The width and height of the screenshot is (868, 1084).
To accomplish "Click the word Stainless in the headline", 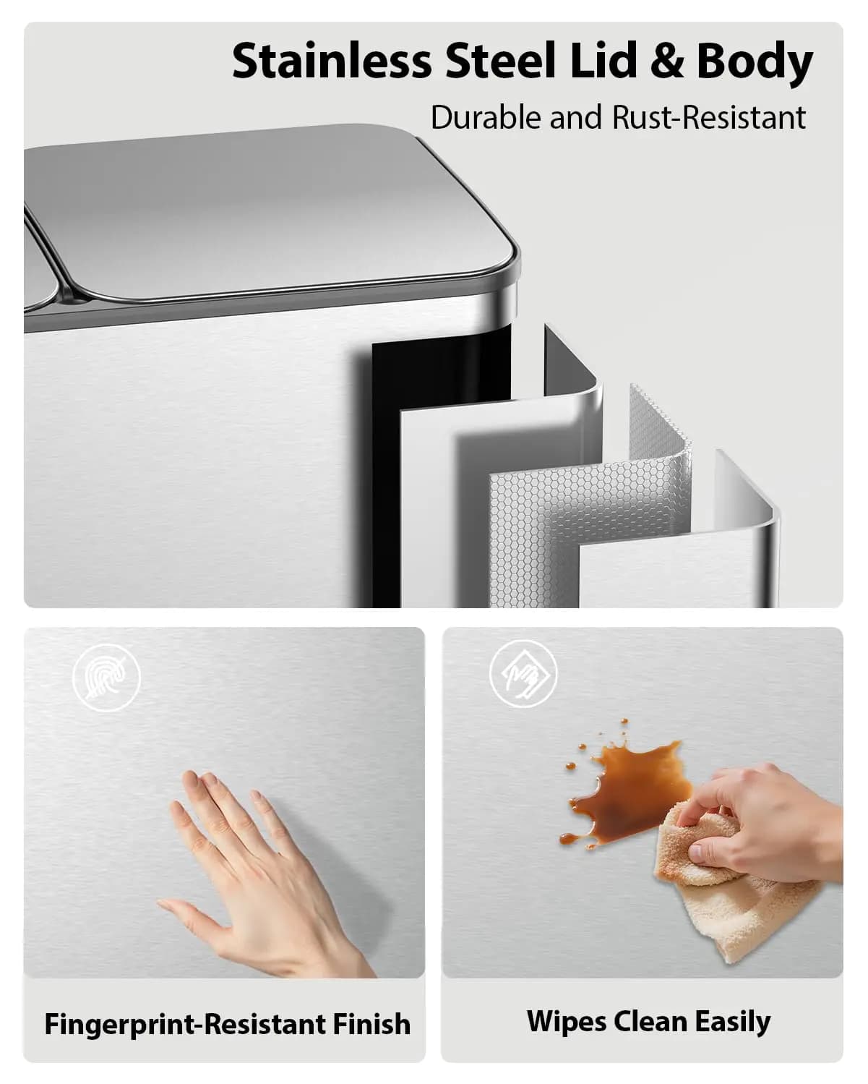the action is (332, 61).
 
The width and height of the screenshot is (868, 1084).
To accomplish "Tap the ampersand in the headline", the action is (667, 61).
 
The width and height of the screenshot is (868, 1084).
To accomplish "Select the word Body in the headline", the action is (755, 64).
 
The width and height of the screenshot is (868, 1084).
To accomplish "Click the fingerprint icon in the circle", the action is (106, 678).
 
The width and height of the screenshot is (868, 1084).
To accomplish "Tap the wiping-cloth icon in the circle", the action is (524, 674).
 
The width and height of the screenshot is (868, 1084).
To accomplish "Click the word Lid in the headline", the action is (603, 61).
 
